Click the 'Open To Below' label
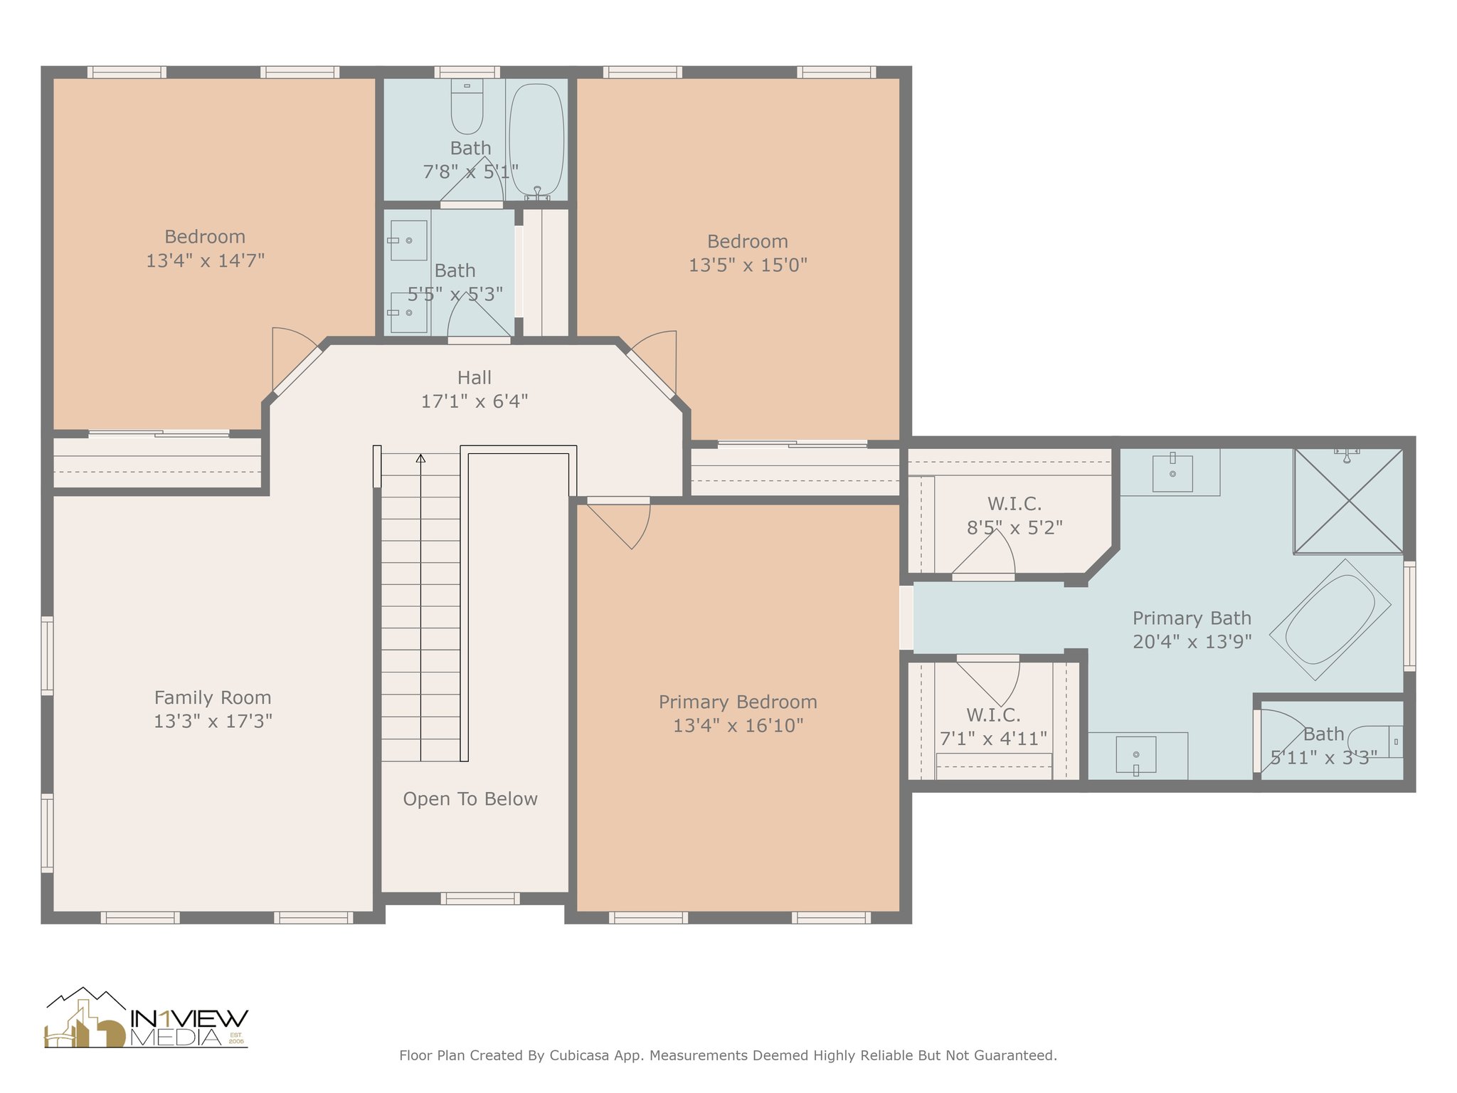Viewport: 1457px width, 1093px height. tap(470, 799)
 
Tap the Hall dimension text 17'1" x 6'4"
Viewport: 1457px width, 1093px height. tap(475, 401)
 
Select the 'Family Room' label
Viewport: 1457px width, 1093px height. tap(213, 697)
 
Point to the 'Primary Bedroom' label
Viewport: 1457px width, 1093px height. tap(738, 702)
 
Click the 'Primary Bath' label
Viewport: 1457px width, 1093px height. tap(1192, 618)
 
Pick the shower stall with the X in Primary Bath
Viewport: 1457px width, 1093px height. tap(1348, 500)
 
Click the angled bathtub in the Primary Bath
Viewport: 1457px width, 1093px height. tap(1330, 619)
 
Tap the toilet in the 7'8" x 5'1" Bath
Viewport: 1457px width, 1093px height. tap(467, 106)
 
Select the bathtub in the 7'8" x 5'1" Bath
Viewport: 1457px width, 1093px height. tap(537, 141)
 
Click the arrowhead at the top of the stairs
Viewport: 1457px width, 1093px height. tap(420, 458)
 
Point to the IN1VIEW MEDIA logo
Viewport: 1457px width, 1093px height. tap(146, 1018)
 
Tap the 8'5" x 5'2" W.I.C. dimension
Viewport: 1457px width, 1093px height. tap(1014, 528)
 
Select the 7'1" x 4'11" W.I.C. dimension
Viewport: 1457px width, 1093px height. tap(993, 739)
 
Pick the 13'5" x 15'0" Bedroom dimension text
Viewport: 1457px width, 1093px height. tap(748, 265)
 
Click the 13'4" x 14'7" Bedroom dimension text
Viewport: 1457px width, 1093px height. tap(205, 260)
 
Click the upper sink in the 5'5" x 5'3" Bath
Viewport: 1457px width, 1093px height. tap(408, 241)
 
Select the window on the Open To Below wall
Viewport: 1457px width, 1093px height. tap(480, 899)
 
